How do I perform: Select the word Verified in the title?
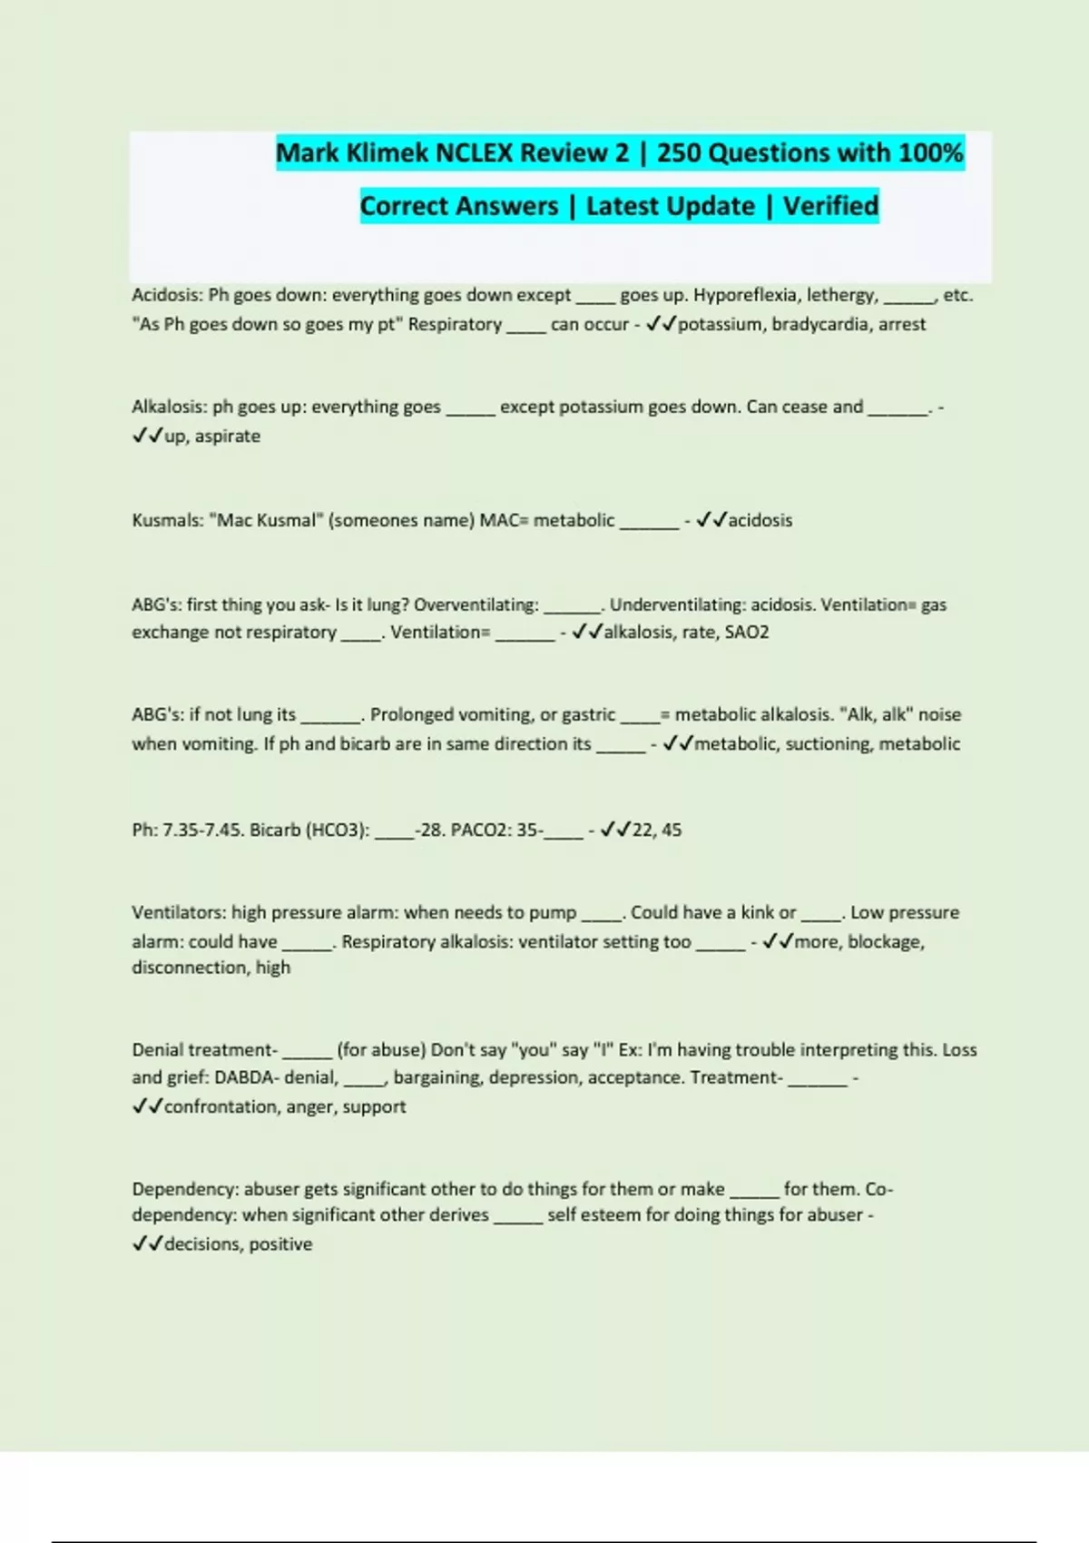coord(830,206)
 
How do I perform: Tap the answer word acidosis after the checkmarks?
coord(760,520)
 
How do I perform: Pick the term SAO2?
coord(746,632)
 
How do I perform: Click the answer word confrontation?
coord(221,1106)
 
